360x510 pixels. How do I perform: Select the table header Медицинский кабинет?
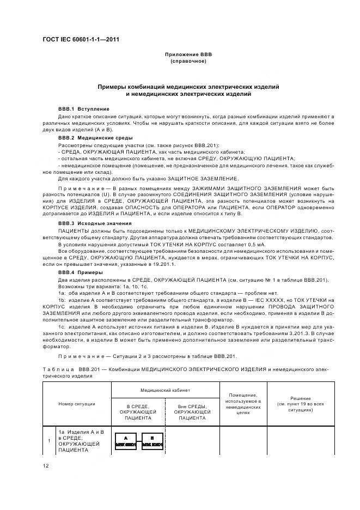coord(165,390)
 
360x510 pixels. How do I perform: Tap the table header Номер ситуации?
coord(77,404)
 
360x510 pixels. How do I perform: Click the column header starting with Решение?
coord(300,403)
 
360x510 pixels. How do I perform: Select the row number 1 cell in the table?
coord(50,440)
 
